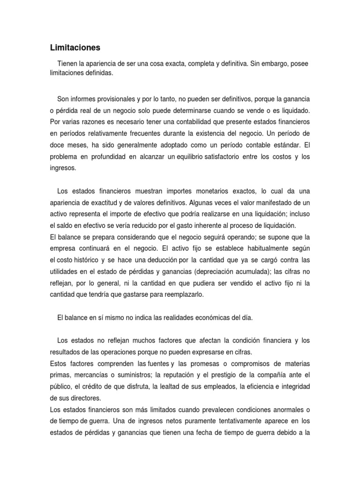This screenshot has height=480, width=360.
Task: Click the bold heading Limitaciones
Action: (x=75, y=48)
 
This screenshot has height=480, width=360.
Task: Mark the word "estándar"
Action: (x=285, y=145)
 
